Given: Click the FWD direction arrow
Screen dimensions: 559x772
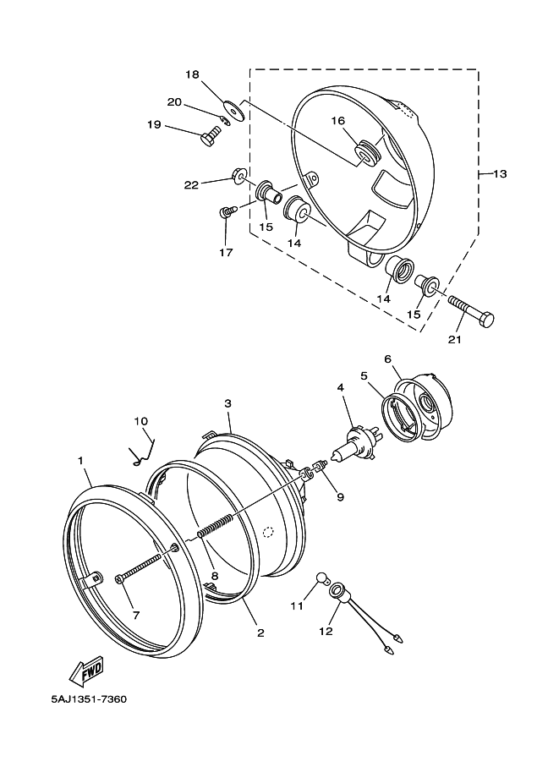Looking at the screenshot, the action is coord(87,670).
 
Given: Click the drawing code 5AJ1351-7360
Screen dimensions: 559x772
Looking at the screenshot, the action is coord(89,699).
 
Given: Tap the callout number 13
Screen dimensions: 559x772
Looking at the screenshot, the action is coord(500,174).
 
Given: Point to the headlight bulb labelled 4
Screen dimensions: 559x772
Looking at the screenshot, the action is coord(354,444).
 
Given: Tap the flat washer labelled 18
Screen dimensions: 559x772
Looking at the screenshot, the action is coord(234,110).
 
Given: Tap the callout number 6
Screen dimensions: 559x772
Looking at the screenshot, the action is coord(387,359).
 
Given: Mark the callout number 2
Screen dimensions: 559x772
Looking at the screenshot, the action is coord(260,632).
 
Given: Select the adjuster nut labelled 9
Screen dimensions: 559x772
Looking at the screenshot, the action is coord(315,468).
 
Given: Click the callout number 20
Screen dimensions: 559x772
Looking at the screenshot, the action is coord(174,102).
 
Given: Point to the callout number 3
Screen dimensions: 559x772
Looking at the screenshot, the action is coord(227,403).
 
